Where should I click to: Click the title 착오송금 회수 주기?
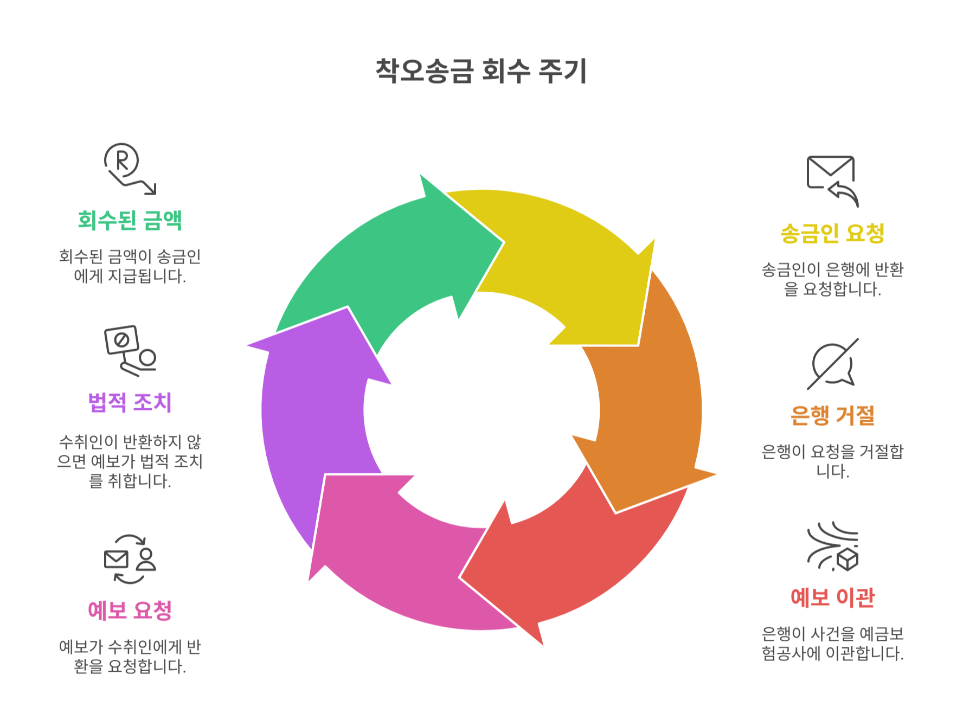481,71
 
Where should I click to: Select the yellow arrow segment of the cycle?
569,260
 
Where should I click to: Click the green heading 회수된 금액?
130,220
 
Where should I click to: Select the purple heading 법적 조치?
130,402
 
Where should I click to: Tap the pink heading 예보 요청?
130,610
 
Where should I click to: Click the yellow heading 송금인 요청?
832,234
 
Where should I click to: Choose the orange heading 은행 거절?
832,416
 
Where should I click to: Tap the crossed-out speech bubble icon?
832,364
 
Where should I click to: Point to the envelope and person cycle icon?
130,559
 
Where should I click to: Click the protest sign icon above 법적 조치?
130,350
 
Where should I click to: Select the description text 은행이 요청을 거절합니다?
832,461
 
